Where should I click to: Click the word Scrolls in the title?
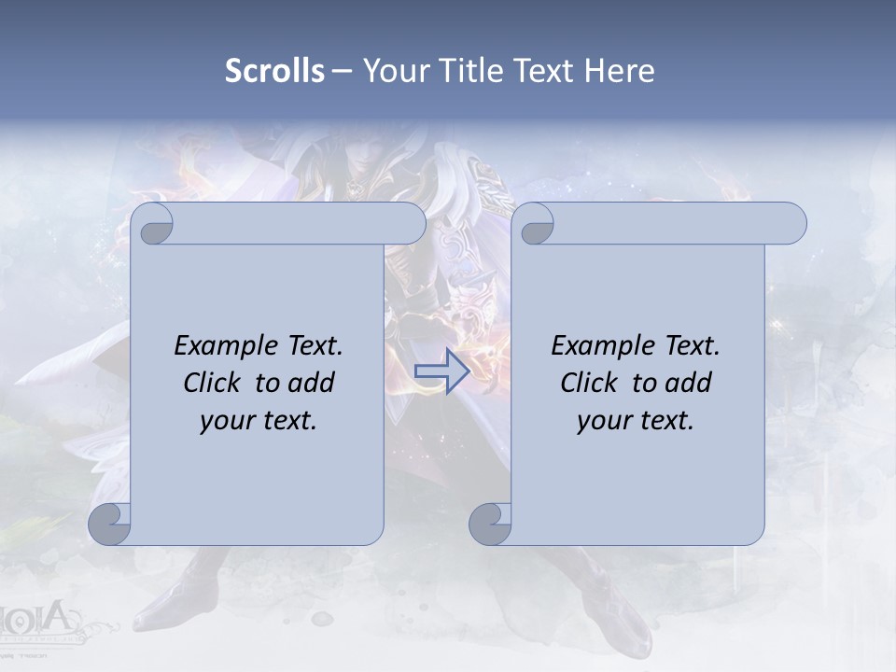click(274, 71)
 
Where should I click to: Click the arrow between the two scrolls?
click(441, 371)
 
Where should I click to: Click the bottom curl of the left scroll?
click(110, 524)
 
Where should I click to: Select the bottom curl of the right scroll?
click(490, 524)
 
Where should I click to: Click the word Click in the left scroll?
click(213, 383)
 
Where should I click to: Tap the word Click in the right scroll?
click(589, 383)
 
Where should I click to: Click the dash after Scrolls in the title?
click(342, 71)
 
